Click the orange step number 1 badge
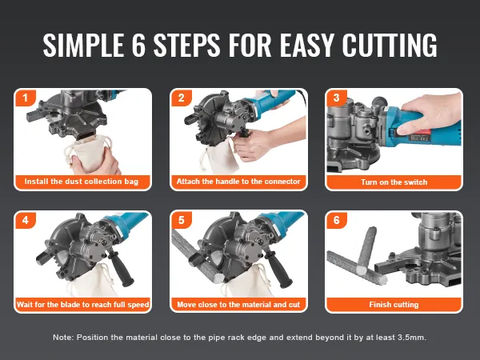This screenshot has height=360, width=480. click(26, 98)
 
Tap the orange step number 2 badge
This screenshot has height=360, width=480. click(182, 98)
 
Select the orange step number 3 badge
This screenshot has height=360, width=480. click(337, 98)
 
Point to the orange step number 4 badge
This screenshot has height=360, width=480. click(26, 221)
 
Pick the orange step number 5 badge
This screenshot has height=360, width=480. click(182, 221)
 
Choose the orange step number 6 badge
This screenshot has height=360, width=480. click(337, 221)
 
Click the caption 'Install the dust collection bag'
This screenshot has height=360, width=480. click(82, 182)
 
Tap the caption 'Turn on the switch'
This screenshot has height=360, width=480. click(394, 182)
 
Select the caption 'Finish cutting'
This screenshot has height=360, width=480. click(394, 305)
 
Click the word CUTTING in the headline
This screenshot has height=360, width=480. click(390, 45)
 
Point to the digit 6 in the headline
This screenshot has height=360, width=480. click(138, 45)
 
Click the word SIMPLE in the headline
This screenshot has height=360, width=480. click(83, 45)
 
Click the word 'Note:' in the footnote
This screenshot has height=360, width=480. click(63, 338)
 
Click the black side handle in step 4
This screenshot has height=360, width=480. click(122, 267)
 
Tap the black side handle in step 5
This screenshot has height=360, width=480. click(278, 267)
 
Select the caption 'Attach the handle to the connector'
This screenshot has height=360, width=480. click(238, 182)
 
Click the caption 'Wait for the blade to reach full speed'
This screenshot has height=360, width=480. click(83, 305)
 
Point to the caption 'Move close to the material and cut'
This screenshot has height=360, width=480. click(238, 305)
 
